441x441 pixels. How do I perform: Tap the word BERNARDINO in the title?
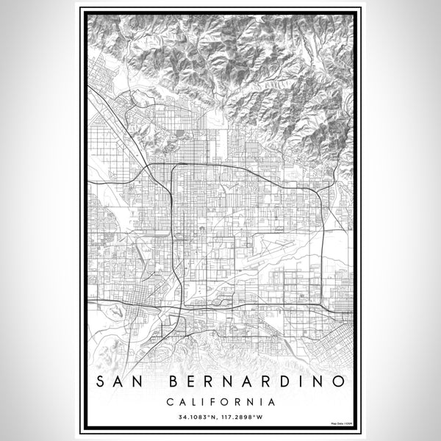coord(258,381)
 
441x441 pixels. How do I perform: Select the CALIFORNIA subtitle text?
coord(220,402)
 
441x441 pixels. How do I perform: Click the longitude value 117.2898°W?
coord(245,417)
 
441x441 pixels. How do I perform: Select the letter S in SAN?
coord(101,381)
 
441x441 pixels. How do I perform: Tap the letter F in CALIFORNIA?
coord(212,402)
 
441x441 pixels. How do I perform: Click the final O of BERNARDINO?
coord(337,381)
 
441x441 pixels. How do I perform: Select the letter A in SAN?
coord(121,381)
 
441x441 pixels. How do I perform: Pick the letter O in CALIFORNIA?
coord(224,402)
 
